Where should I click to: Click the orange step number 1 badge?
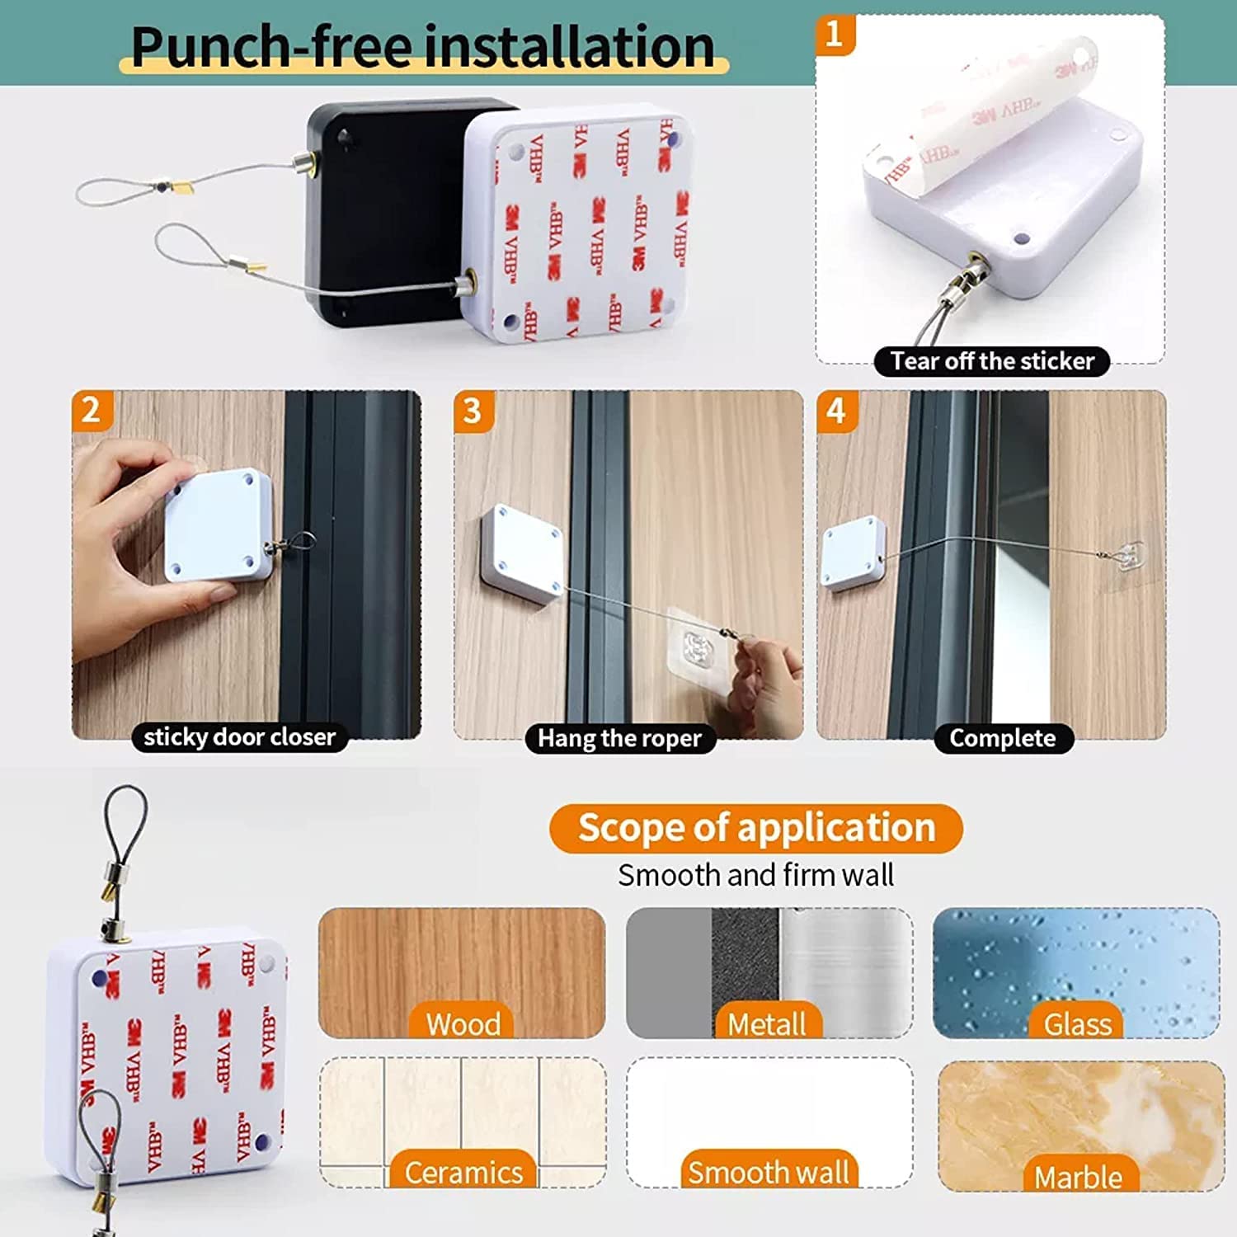pyautogui.click(x=835, y=35)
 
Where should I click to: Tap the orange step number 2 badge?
pyautogui.click(x=91, y=410)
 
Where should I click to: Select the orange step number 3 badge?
pyautogui.click(x=473, y=411)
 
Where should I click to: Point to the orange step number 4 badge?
pyautogui.click(x=836, y=411)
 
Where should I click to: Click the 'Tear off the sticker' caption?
pyautogui.click(x=991, y=361)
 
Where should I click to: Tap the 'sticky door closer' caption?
pyautogui.click(x=239, y=736)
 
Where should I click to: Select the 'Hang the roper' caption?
pyautogui.click(x=619, y=738)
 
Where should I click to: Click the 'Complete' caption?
pyautogui.click(x=1002, y=738)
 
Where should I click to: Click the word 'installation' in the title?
pyautogui.click(x=570, y=47)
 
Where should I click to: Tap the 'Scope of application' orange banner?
pyautogui.click(x=755, y=828)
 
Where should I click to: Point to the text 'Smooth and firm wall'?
pyautogui.click(x=755, y=875)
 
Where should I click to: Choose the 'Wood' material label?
pyautogui.click(x=463, y=1023)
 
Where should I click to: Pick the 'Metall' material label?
pyautogui.click(x=766, y=1023)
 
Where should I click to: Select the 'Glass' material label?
pyautogui.click(x=1077, y=1023)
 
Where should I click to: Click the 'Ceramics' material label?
pyautogui.click(x=463, y=1172)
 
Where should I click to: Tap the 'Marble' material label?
pyautogui.click(x=1078, y=1177)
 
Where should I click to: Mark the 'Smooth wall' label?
pyautogui.click(x=768, y=1172)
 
